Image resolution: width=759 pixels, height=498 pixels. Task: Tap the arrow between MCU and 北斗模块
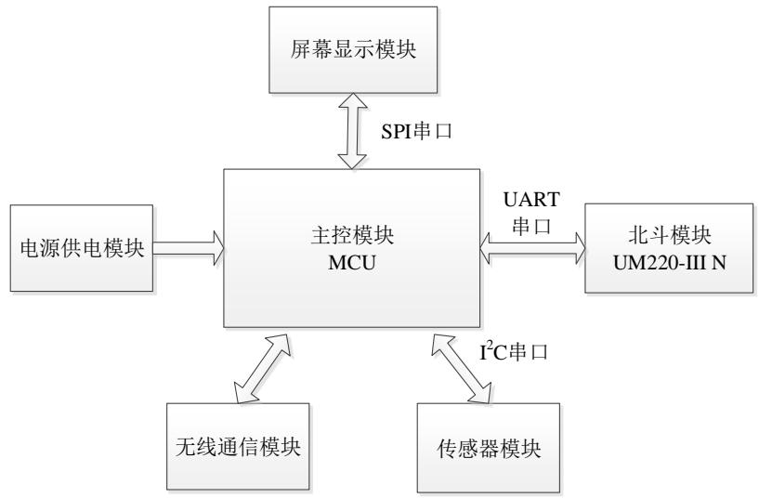point(534,247)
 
